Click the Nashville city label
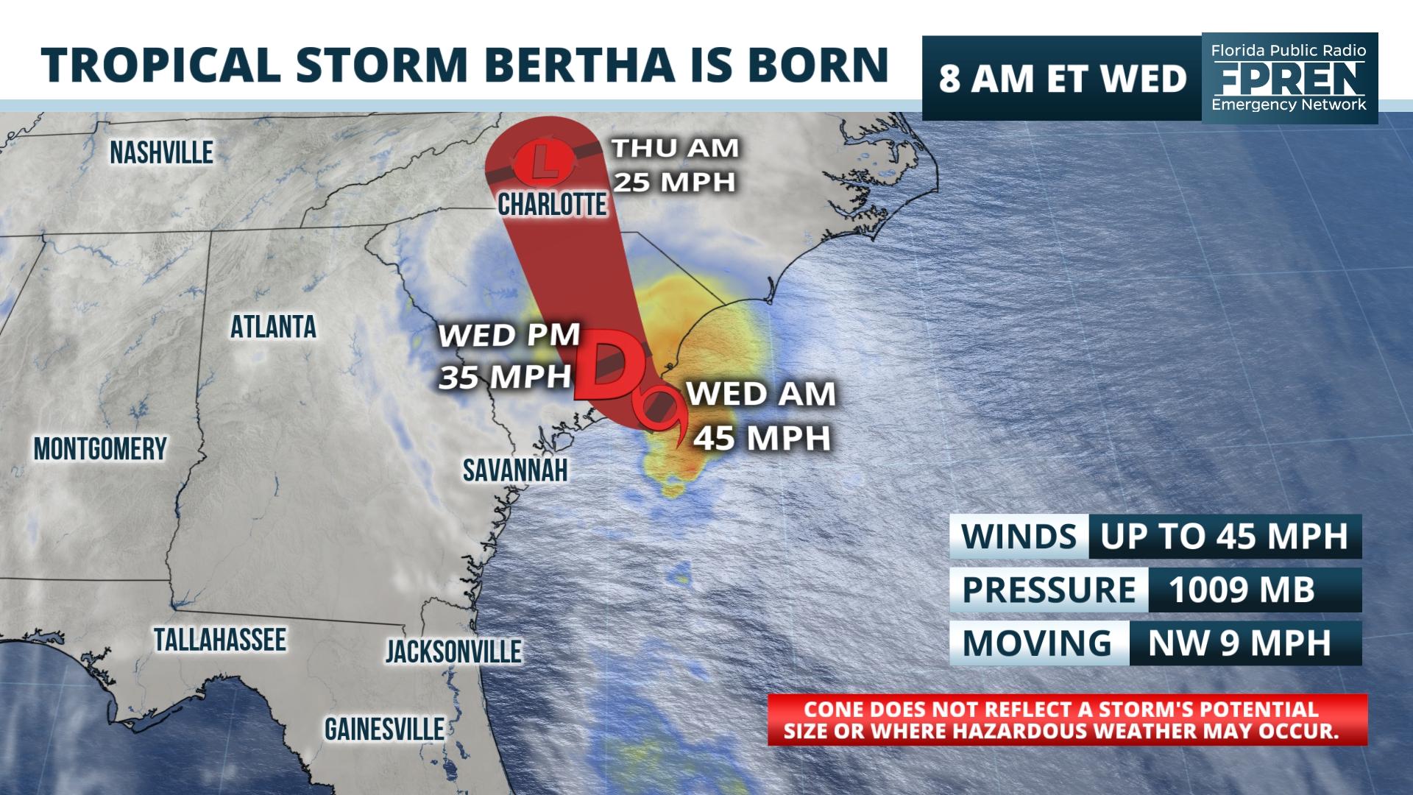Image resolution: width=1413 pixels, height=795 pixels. tap(161, 152)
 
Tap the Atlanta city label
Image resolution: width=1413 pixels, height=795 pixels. tap(273, 327)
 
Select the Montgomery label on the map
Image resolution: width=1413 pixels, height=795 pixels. tap(100, 448)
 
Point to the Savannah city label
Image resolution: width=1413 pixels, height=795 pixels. tap(515, 470)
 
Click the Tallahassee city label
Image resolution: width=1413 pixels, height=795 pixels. tap(219, 640)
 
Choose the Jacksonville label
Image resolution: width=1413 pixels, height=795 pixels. tap(453, 651)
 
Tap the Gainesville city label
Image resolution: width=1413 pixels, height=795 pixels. tap(384, 729)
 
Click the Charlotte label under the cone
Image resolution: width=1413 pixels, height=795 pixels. tap(552, 204)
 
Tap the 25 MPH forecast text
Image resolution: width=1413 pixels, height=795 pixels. tap(675, 182)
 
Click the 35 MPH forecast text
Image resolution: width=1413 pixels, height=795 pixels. tap(505, 377)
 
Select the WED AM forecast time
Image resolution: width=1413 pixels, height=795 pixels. tap(761, 395)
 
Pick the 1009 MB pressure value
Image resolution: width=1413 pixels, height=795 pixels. tap(1241, 590)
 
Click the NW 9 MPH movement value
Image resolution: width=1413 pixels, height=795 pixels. tap(1239, 643)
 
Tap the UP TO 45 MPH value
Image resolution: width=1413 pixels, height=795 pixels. tap(1224, 537)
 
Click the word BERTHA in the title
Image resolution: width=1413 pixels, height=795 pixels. tap(580, 65)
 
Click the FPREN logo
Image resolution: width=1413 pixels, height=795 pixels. tap(1289, 77)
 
